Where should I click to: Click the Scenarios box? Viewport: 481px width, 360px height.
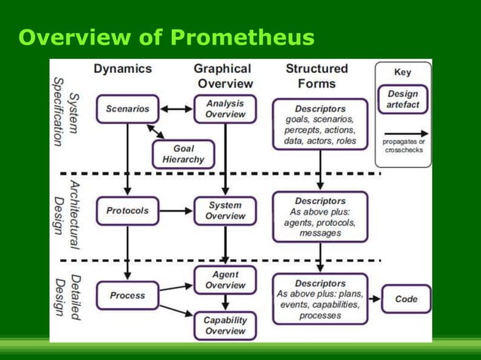tap(127, 108)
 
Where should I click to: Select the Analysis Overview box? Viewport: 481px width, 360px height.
tap(225, 108)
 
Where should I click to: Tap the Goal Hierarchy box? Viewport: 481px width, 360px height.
tap(183, 154)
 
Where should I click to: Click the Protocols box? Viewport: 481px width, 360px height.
tap(127, 211)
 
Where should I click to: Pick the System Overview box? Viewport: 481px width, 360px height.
tap(225, 211)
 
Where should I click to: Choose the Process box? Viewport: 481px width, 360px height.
tap(127, 295)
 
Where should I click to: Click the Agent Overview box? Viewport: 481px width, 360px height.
tap(225, 280)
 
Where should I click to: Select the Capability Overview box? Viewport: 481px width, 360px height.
tap(225, 325)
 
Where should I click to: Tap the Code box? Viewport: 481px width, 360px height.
tap(406, 299)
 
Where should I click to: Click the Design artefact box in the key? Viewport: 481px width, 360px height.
tap(403, 99)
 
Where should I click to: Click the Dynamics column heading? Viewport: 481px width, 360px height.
tap(123, 69)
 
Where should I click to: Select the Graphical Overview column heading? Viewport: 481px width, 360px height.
tap(223, 76)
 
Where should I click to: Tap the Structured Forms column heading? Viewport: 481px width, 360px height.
tap(317, 76)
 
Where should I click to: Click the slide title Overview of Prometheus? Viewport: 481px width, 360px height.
tap(167, 37)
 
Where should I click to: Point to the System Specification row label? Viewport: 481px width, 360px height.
tap(66, 111)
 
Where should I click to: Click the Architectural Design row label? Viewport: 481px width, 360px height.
tap(66, 213)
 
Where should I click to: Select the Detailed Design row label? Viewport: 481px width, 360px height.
tap(66, 298)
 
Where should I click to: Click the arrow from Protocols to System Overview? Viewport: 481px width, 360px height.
tap(176, 211)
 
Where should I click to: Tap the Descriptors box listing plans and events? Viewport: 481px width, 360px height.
tap(320, 299)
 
